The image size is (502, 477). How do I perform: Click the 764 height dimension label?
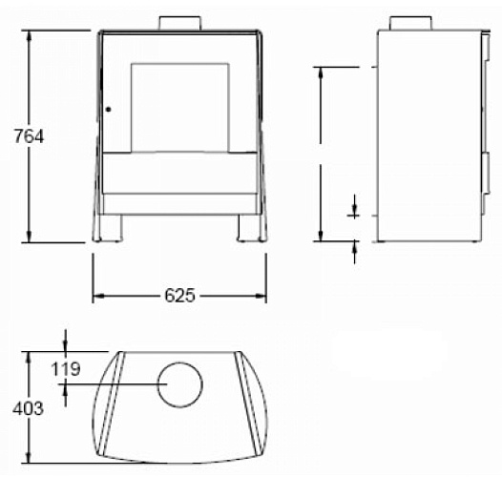coord(29,136)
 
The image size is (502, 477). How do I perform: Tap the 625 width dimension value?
coord(179,296)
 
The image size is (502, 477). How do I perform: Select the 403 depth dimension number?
coord(29,409)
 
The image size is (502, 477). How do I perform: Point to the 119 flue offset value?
coord(66,369)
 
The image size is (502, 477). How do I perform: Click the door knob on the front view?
coord(108,110)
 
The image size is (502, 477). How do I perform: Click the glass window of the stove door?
coord(180,108)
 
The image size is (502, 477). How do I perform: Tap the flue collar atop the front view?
coord(180,23)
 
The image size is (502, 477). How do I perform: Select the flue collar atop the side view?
coord(410,23)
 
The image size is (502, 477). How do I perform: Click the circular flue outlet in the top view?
coord(180,384)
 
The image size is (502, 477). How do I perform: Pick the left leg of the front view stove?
coord(111,228)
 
